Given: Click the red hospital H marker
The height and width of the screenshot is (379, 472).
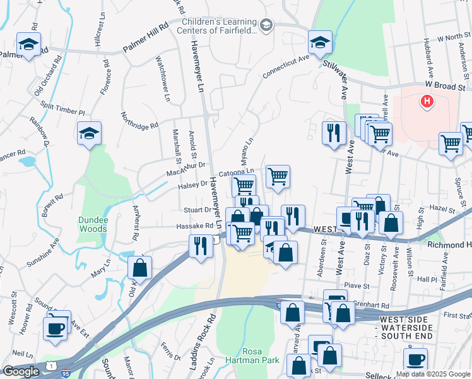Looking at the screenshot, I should [x=427, y=100].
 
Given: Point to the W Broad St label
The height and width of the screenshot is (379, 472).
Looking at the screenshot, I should [x=444, y=85].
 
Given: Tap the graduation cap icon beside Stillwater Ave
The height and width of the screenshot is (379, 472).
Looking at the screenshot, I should [x=321, y=43].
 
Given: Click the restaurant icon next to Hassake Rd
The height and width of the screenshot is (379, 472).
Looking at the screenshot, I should [x=201, y=245].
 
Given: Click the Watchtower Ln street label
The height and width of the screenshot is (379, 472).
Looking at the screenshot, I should [x=162, y=78].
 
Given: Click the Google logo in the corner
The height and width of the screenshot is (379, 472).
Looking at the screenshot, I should [x=21, y=371].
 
